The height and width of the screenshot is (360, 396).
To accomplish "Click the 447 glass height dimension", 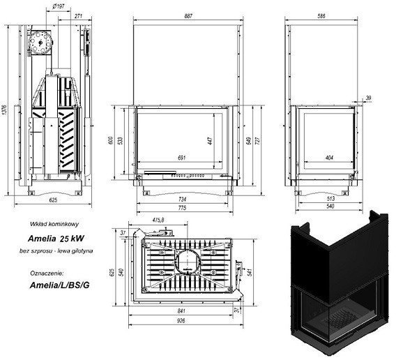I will [208, 140].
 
